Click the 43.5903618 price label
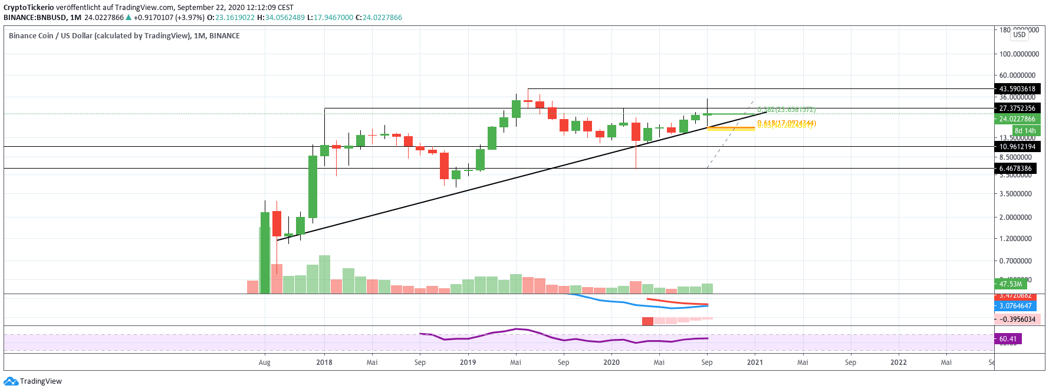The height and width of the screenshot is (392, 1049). pyautogui.click(x=1017, y=89)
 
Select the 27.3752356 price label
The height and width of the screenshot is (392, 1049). pyautogui.click(x=1017, y=108)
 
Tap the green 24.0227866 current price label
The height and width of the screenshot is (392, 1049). pyautogui.click(x=1017, y=119)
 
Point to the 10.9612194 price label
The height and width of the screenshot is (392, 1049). pyautogui.click(x=1017, y=147)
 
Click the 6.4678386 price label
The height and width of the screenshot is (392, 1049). pyautogui.click(x=1015, y=169)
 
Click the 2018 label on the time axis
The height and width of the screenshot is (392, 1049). pyautogui.click(x=324, y=363)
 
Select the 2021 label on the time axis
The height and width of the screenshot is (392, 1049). pyautogui.click(x=755, y=363)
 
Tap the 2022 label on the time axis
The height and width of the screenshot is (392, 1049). pyautogui.click(x=898, y=363)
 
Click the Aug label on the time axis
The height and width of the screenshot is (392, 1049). pyautogui.click(x=264, y=363)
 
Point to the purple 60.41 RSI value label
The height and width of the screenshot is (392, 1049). pyautogui.click(x=1008, y=339)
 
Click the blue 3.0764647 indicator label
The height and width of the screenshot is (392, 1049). pyautogui.click(x=1015, y=306)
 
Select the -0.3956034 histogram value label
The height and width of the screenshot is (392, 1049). pyautogui.click(x=1017, y=319)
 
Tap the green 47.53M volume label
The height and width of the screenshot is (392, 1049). pyautogui.click(x=1010, y=284)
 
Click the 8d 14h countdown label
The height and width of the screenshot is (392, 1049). pyautogui.click(x=1025, y=131)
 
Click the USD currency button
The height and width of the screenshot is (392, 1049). pyautogui.click(x=1019, y=35)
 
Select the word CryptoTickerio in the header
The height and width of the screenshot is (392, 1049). pyautogui.click(x=29, y=8)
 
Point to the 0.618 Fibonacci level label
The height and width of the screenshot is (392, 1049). pyautogui.click(x=786, y=123)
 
